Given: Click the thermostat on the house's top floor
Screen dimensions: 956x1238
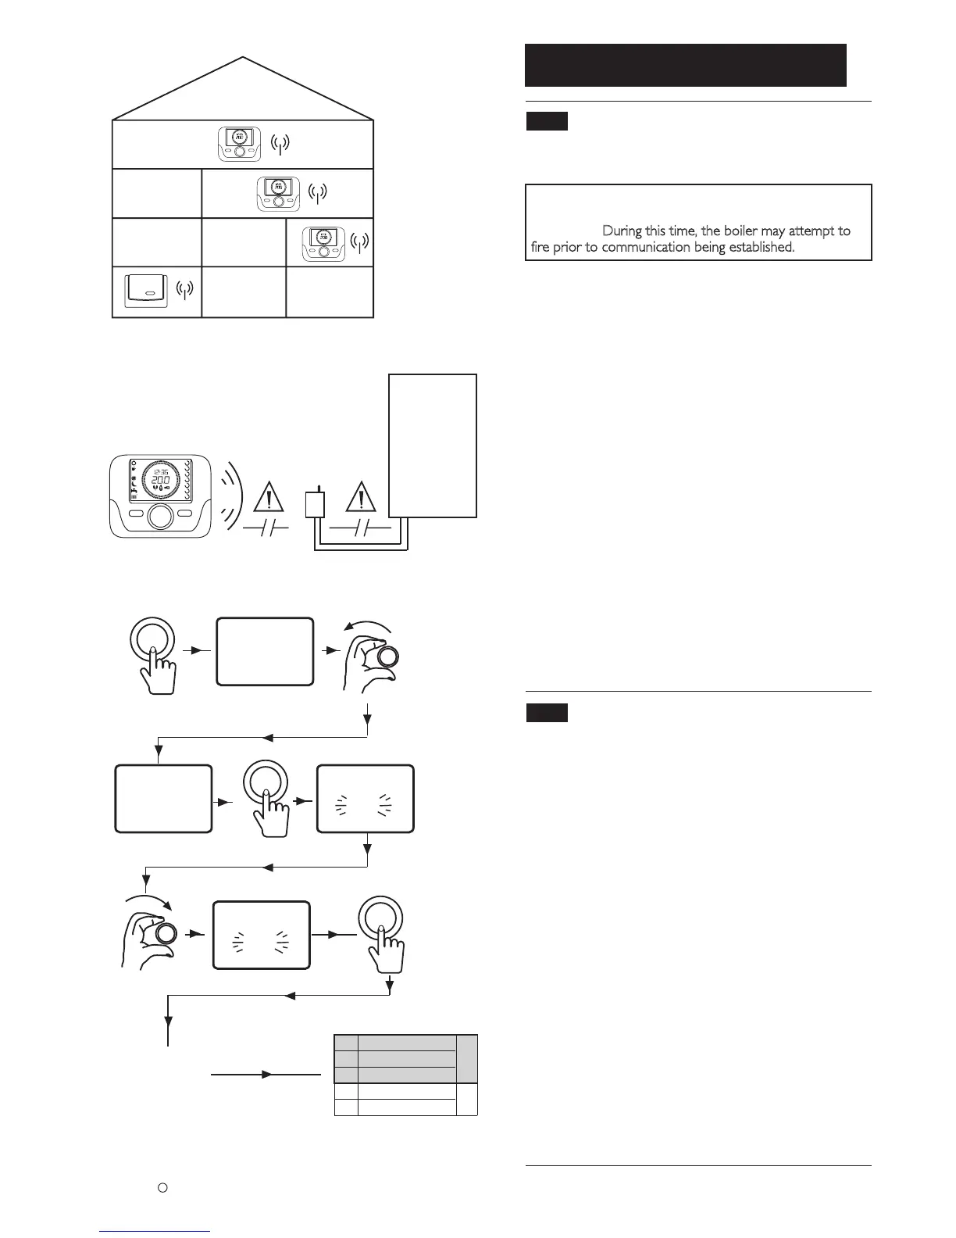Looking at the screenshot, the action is (239, 144).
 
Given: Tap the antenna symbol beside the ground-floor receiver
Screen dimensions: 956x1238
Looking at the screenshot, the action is (184, 290).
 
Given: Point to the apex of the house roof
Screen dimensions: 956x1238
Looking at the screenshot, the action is (244, 58).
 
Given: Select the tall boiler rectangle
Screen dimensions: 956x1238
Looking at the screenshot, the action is (433, 445).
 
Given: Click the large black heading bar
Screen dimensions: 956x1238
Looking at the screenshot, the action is (685, 65).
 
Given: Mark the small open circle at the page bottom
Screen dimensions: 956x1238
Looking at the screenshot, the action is (162, 1187).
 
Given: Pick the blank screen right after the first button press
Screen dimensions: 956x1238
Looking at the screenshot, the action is (264, 653).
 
